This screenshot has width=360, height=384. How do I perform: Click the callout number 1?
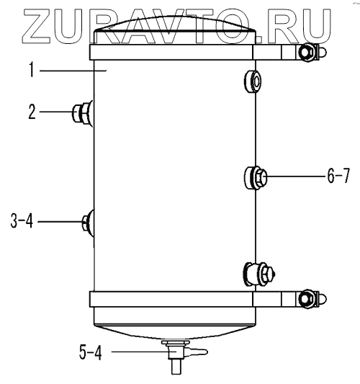click(32, 70)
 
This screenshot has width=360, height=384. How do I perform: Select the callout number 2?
click(32, 112)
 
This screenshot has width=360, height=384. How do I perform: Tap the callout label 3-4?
click(22, 220)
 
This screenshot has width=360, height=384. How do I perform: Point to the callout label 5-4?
click(91, 352)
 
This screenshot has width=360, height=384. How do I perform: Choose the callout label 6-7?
click(338, 176)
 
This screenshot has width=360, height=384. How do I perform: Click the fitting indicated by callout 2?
click(83, 114)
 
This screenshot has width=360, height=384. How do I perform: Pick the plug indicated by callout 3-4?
click(88, 223)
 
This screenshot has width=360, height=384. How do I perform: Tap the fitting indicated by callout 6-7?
click(256, 177)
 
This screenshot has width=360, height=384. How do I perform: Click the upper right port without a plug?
click(253, 81)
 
